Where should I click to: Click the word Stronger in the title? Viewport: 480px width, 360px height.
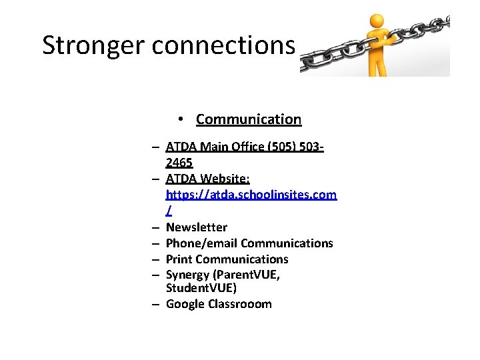point(93,45)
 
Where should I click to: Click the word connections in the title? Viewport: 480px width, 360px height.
point(223,45)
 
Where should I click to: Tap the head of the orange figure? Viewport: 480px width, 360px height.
point(377,22)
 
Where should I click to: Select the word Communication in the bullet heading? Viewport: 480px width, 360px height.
point(249,119)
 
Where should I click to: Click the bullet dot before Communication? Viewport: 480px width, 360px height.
point(181,119)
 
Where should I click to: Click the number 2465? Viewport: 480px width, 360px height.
point(179,162)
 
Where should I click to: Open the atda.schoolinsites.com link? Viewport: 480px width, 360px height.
point(251,194)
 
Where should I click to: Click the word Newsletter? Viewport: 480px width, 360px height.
point(197,227)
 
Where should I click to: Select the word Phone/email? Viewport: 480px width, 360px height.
point(201,243)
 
